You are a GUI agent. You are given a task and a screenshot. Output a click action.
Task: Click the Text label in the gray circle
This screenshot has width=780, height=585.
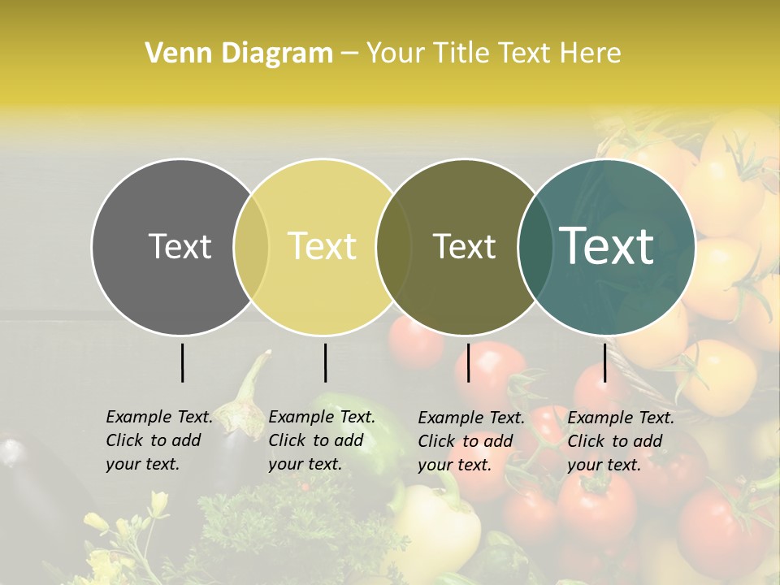tap(180, 246)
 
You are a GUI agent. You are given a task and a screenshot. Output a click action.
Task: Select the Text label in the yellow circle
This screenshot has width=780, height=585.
tap(323, 246)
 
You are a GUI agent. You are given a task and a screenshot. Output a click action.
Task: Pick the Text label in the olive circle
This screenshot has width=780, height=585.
tap(464, 246)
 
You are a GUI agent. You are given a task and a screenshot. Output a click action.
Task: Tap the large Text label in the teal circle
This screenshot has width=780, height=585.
tap(607, 246)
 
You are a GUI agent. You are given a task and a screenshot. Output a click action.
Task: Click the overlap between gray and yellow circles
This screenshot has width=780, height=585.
tap(251, 247)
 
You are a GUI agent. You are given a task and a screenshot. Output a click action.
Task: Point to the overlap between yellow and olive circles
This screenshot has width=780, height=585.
tap(394, 247)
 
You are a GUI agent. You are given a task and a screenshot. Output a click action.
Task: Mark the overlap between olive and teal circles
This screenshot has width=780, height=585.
tap(533, 247)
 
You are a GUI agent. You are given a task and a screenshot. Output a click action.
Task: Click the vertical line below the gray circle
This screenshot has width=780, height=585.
tap(182, 362)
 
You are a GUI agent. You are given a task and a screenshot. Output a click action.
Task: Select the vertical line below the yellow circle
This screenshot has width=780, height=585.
tap(325, 362)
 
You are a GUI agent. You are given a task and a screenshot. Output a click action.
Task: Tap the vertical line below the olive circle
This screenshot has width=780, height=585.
tap(468, 362)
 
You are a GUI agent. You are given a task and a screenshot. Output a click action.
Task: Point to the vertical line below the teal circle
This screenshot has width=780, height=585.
tap(604, 362)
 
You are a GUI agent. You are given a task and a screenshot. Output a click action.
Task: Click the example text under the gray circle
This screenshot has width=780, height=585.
tap(159, 440)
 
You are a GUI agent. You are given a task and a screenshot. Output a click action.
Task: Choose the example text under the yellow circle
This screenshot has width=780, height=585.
tap(322, 440)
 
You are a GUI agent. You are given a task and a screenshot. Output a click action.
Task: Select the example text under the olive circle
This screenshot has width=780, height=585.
tap(471, 441)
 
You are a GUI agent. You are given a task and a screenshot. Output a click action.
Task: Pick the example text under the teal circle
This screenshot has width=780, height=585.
tap(621, 441)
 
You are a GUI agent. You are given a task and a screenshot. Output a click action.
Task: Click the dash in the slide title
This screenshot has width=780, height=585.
tap(349, 54)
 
